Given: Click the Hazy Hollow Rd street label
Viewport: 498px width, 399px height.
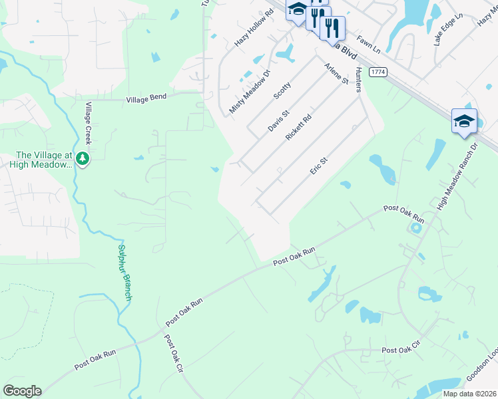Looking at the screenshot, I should click(254, 28).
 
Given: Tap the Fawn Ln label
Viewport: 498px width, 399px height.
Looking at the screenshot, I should click(367, 45).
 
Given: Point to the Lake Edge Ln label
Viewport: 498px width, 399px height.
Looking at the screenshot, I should click(447, 29).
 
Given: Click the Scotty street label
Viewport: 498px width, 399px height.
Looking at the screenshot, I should click(282, 90).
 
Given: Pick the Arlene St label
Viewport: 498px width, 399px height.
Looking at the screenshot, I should click(336, 73).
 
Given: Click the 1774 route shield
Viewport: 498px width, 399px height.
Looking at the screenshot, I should click(377, 72).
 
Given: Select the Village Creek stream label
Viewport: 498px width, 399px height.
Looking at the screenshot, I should click(87, 122).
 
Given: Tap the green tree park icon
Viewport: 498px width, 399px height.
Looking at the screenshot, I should click(83, 158).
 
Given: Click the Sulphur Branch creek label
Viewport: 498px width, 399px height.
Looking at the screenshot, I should click(124, 273).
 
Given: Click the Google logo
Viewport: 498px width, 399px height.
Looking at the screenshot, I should click(22, 391).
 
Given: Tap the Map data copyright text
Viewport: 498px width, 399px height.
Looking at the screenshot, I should click(469, 394).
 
